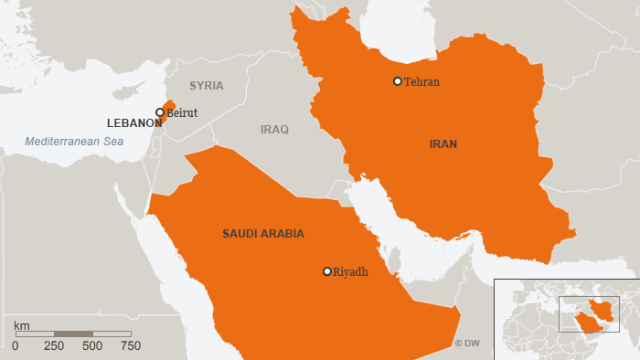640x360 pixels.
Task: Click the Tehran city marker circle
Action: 398,81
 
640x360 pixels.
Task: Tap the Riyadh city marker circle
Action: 327,271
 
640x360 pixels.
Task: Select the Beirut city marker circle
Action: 160,112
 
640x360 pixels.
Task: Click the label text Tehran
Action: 421,82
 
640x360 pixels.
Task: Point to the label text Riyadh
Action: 350,271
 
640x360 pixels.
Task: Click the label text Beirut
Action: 182,113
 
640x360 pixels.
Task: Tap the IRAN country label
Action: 443,144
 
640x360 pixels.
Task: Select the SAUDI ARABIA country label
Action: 263,234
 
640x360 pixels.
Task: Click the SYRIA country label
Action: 206,86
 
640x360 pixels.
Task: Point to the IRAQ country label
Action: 274,130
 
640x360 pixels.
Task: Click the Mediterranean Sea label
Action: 74,142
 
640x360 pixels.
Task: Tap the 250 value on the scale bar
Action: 54,346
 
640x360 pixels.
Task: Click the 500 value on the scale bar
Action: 92,346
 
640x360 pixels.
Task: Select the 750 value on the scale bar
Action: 131,346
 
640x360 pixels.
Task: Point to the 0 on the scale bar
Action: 16,346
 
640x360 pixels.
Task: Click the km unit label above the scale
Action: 22,324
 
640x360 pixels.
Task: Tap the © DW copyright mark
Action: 466,344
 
